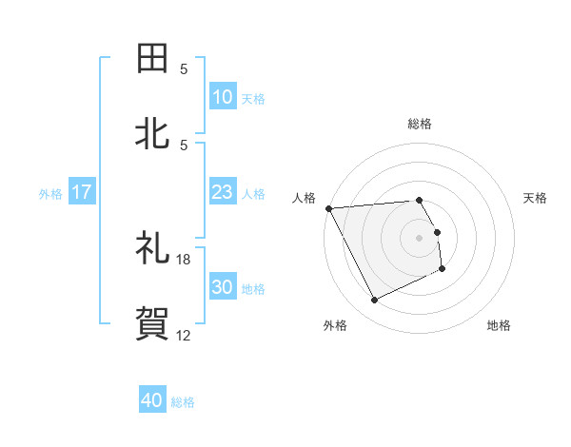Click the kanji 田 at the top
[x=153, y=58]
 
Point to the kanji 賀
[x=153, y=324]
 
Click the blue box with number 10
[x=222, y=97]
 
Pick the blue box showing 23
[x=222, y=192]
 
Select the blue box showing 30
[x=222, y=287]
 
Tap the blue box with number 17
[x=82, y=192]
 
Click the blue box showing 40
[x=152, y=401]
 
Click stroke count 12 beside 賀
[x=184, y=335]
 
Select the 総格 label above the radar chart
[x=420, y=124]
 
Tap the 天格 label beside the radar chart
[x=536, y=198]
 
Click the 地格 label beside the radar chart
[x=499, y=325]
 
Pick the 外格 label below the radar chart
[x=335, y=325]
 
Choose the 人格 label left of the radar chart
[x=304, y=198]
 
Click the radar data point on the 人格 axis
[x=328, y=208]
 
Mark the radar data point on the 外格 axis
[x=374, y=301]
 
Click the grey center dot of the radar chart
[x=420, y=238]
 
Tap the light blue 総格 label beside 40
[x=183, y=402]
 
